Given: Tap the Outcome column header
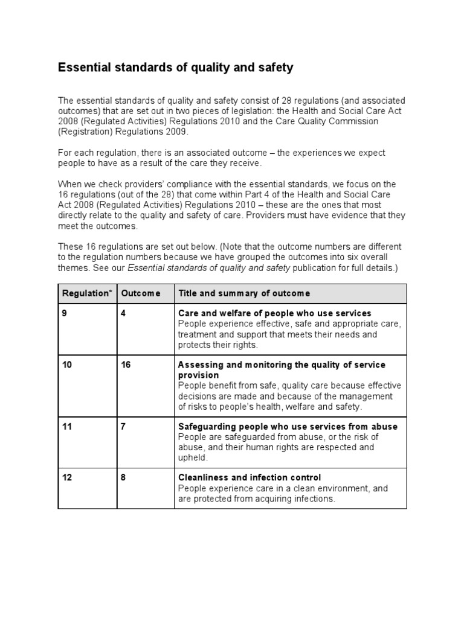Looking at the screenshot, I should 141,293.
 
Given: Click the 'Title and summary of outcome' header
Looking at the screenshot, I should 244,293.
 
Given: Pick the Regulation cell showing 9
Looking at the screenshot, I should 64,313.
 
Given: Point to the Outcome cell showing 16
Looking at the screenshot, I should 126,365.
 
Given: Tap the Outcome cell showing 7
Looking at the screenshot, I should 124,427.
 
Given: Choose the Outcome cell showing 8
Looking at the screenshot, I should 124,477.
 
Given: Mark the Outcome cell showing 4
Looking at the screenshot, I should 124,313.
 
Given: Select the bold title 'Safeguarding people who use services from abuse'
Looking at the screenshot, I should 288,427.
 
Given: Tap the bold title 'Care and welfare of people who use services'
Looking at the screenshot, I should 275,313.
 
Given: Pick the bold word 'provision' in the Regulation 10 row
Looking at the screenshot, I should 198,375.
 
